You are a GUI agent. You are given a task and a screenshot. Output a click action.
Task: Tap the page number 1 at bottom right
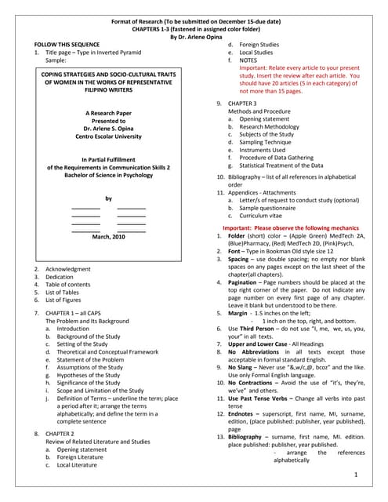point(355,475)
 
